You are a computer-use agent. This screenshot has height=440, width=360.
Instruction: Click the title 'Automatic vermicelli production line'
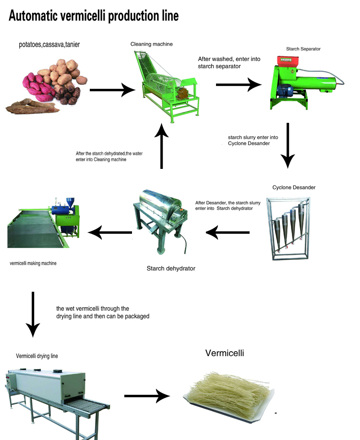[x=94, y=15]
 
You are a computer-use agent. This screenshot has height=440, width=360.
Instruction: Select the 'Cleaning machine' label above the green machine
[x=152, y=44]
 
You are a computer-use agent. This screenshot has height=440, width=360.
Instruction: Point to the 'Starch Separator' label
[x=303, y=48]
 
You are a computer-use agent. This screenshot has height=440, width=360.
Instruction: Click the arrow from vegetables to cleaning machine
[x=111, y=89]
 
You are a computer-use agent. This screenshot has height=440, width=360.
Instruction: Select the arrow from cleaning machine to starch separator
[x=239, y=85]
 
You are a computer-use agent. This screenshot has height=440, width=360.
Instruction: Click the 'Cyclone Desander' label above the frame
[x=294, y=187]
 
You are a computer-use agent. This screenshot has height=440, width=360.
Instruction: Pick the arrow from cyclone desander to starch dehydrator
[x=228, y=233]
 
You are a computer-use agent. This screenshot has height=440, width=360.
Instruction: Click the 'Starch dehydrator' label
[x=171, y=268]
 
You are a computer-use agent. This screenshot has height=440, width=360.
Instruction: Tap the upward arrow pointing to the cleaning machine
[x=162, y=144]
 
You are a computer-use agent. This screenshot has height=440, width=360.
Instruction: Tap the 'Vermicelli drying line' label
[x=37, y=356]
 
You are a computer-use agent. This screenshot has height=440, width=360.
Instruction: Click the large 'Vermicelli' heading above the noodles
[x=225, y=354]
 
